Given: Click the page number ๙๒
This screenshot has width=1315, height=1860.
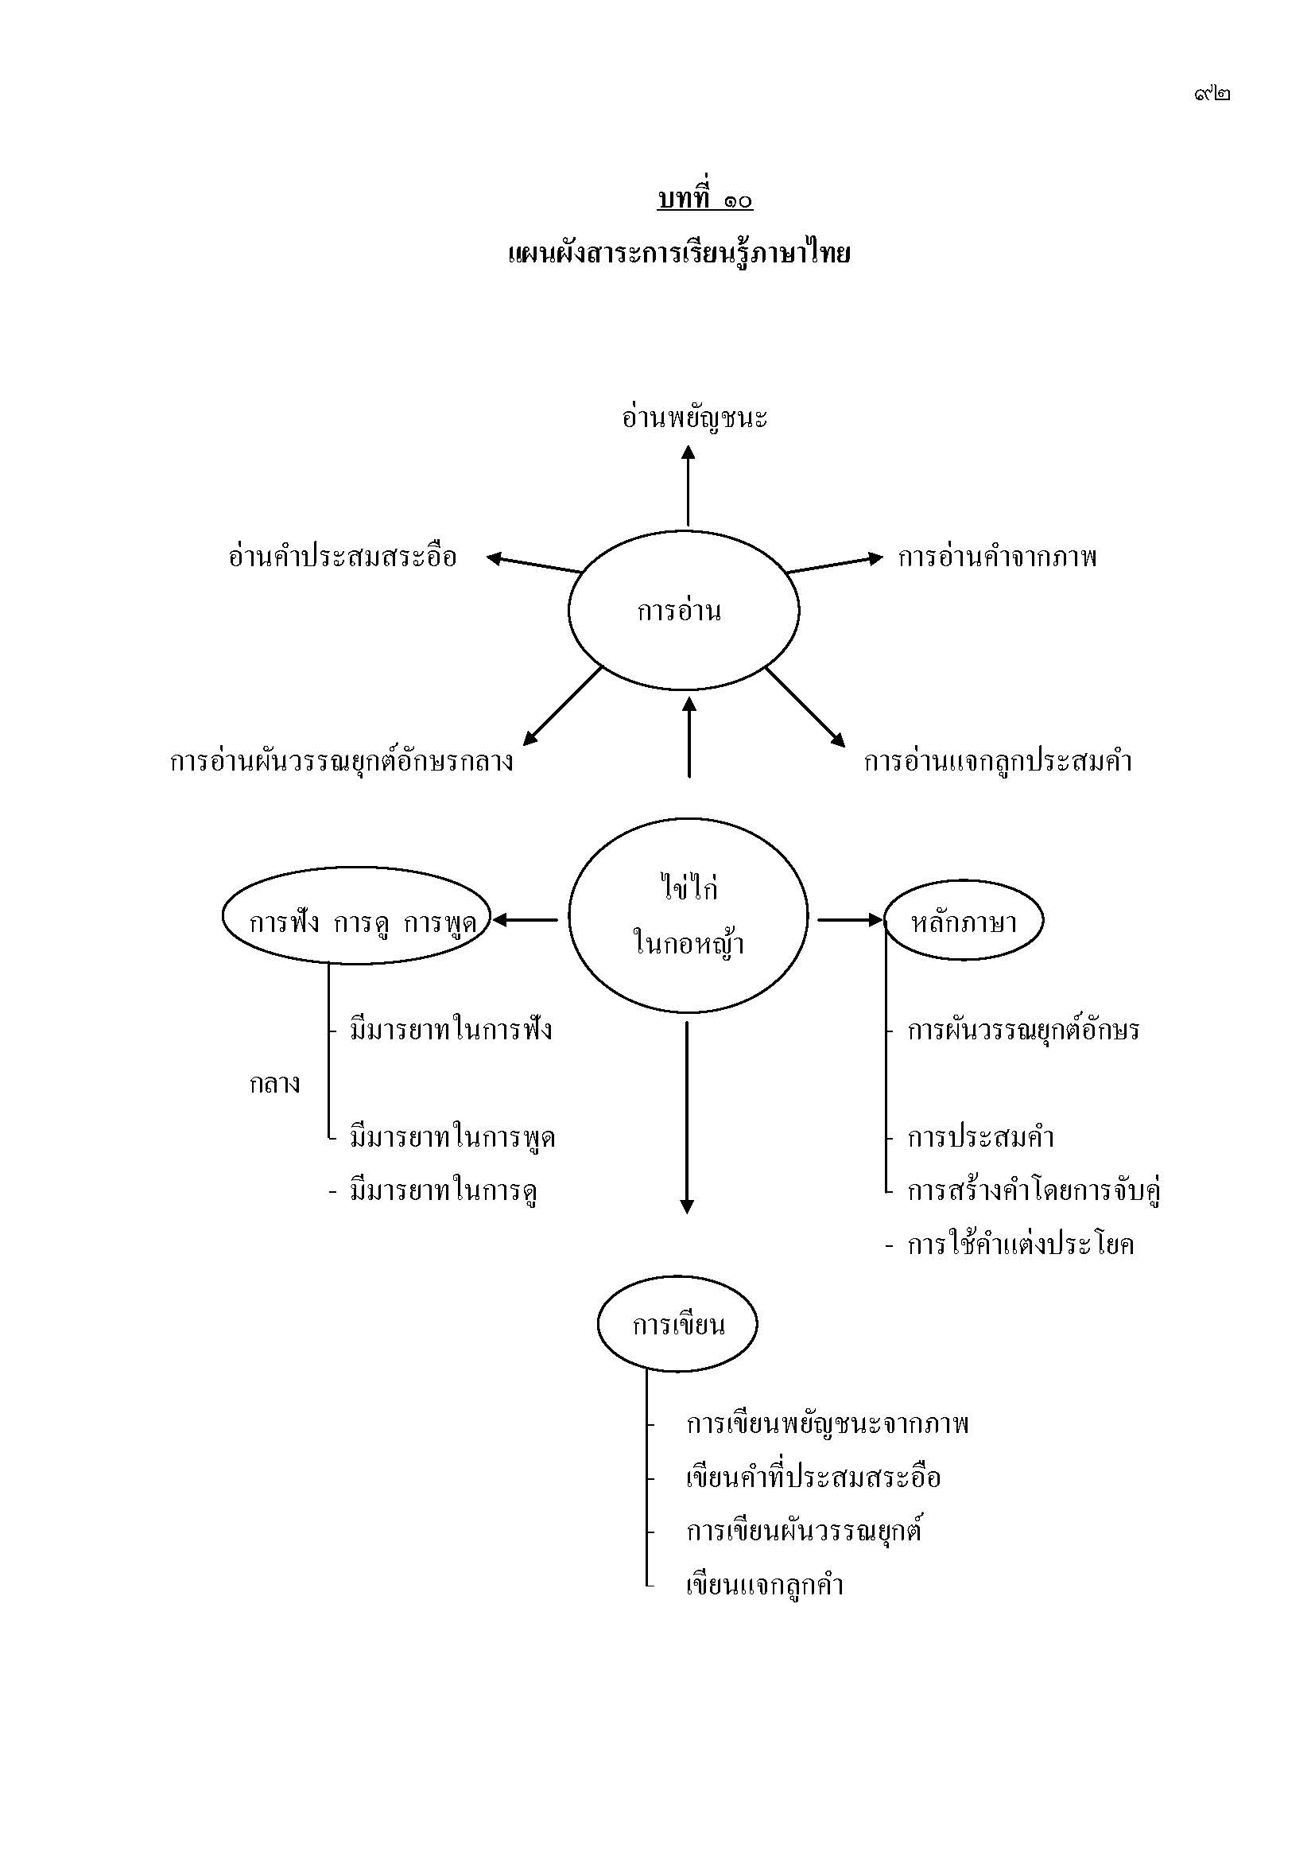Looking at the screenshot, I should point(1212,94).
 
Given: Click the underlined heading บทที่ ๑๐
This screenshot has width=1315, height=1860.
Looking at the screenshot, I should point(704,199).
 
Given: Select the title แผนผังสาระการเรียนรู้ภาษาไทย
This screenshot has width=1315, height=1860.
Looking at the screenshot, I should point(679,254).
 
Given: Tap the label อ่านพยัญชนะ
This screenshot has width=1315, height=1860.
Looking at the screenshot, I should point(694,418).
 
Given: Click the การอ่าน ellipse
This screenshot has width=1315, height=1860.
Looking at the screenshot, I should point(683,610).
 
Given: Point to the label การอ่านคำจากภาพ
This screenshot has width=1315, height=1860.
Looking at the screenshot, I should point(997,557).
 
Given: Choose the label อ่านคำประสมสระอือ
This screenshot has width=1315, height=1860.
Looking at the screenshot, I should point(343,557).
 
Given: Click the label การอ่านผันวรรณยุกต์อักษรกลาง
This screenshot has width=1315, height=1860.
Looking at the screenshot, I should point(341,762).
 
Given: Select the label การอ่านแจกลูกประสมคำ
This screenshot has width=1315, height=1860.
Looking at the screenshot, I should point(997,762).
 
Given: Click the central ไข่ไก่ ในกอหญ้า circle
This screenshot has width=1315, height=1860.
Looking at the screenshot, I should point(688,916).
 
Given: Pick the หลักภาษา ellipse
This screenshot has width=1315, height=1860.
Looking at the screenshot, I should point(963,921).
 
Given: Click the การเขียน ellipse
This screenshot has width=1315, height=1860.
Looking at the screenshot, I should point(677,1325).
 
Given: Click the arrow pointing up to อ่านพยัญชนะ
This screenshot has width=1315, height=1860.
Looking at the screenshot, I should point(689,486).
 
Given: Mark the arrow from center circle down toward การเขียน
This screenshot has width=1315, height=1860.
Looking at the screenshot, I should point(687,1118).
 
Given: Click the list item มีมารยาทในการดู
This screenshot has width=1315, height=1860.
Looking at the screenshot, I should point(444,1191).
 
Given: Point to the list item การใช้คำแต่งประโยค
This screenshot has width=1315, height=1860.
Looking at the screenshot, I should point(1019,1245).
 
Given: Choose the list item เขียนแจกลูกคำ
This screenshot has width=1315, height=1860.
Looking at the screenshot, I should point(764,1586).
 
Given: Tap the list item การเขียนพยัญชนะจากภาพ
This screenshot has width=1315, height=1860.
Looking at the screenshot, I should point(827,1425).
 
